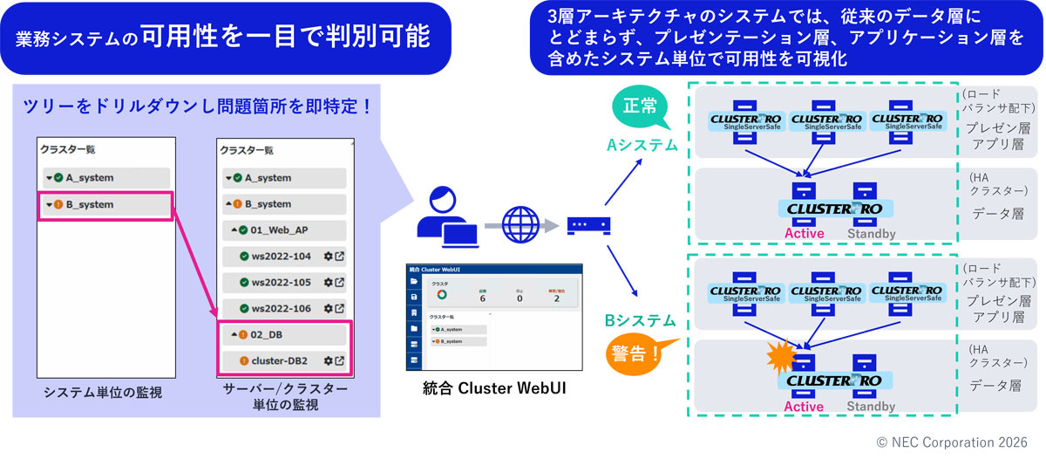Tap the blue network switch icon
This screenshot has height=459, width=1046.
588,225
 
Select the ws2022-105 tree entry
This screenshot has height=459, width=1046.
281,283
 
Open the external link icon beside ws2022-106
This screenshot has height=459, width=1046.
339,308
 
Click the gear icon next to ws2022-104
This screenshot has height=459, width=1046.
328,257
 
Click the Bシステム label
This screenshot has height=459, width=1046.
641,321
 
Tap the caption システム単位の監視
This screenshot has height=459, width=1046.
103,393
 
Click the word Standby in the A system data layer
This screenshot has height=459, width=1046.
872,233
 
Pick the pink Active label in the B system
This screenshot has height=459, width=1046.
804,407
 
